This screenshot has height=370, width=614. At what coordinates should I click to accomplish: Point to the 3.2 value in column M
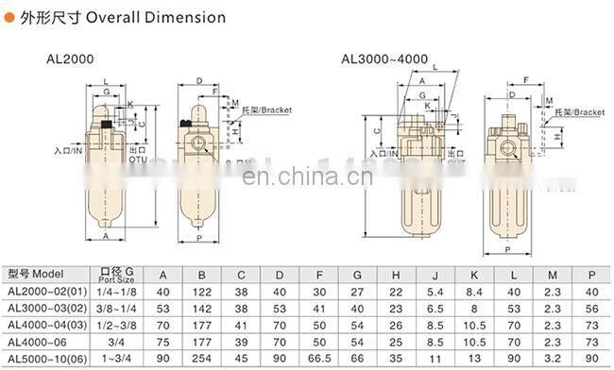point(553,359)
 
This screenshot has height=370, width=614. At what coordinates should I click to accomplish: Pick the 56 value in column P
point(592,310)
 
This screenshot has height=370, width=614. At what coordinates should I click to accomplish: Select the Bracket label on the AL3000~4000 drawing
point(582,112)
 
